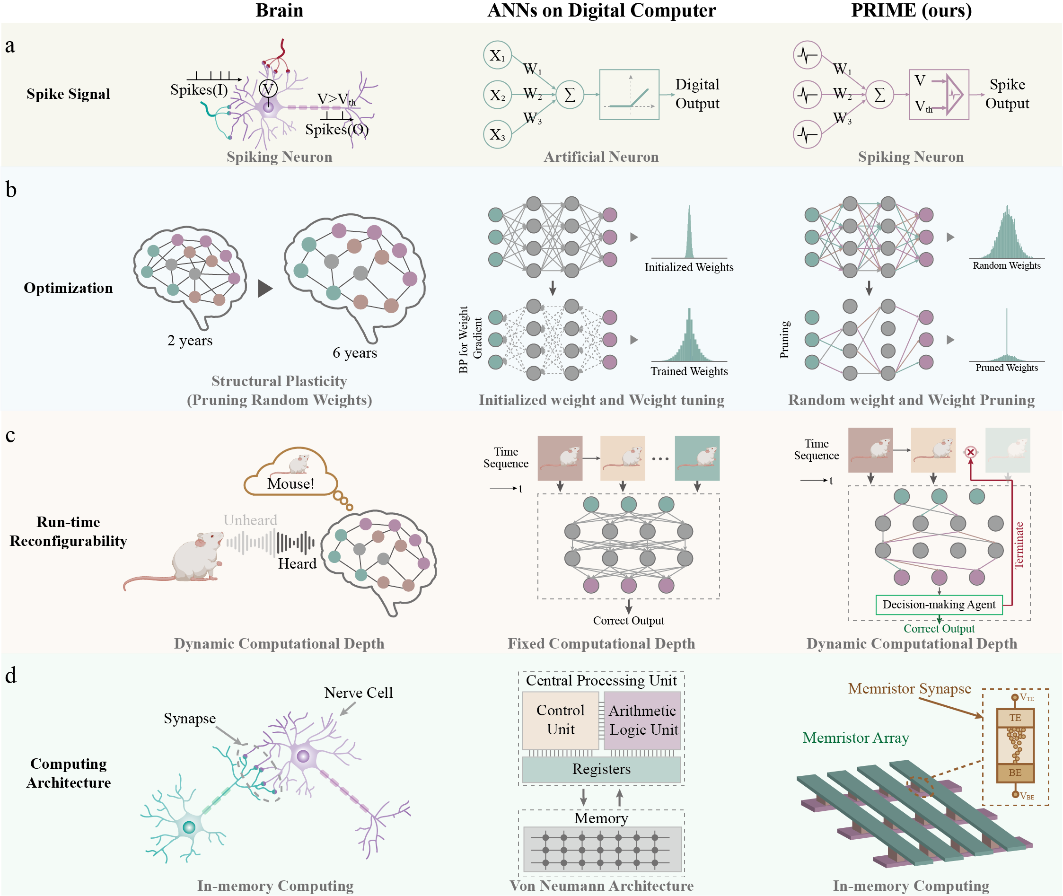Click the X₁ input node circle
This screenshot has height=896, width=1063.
click(497, 55)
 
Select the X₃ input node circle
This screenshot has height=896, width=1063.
click(497, 135)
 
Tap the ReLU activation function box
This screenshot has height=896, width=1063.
click(629, 95)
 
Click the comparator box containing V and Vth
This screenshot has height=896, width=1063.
click(939, 95)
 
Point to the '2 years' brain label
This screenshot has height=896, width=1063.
click(190, 340)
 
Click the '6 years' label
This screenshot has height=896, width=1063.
click(354, 352)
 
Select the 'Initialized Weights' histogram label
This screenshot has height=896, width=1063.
click(689, 267)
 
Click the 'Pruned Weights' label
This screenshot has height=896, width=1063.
click(1006, 368)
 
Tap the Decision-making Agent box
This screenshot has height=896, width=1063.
click(939, 605)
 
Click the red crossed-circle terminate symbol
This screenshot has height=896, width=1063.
click(970, 452)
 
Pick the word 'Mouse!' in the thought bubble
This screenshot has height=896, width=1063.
click(290, 483)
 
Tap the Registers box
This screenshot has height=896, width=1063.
click(601, 769)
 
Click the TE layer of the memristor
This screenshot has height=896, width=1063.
click(1015, 718)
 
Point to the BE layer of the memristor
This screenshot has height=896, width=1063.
click(1015, 772)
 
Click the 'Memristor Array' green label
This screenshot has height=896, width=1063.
click(856, 738)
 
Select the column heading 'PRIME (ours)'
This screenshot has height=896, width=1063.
click(911, 10)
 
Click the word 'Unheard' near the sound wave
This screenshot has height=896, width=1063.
click(250, 520)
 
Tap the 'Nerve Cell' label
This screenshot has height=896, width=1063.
click(359, 693)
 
